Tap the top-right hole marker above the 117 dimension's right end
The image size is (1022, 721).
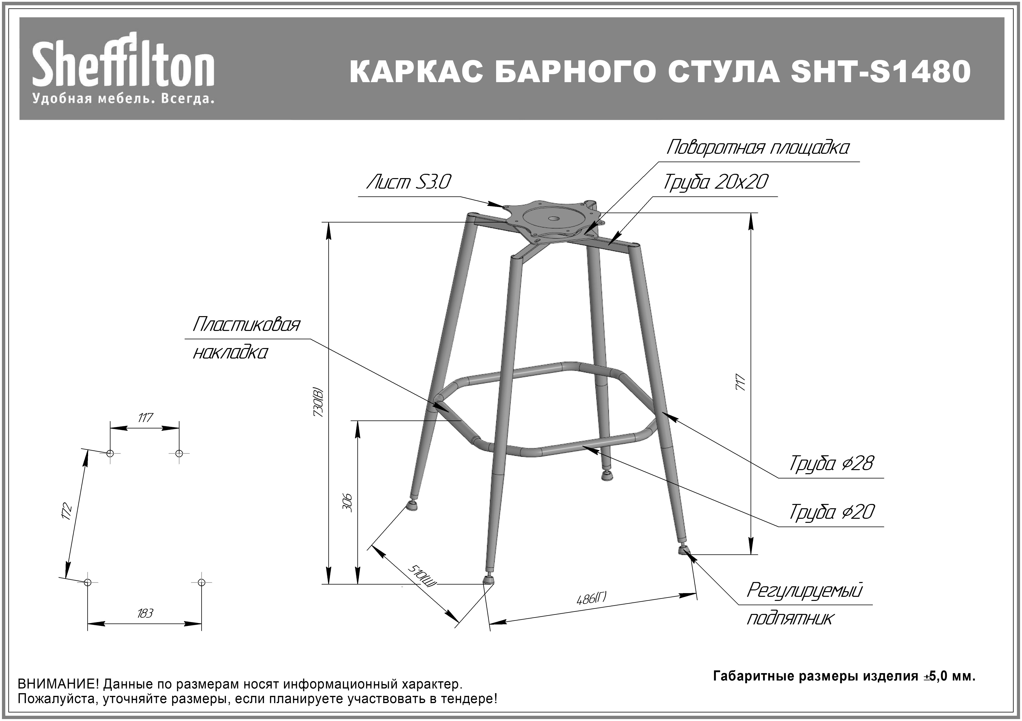[179, 453]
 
